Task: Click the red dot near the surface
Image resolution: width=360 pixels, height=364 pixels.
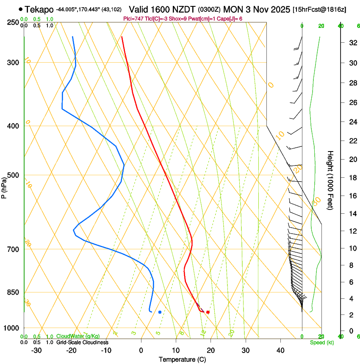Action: click(208, 312)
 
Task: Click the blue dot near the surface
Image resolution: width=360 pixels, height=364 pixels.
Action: click(160, 312)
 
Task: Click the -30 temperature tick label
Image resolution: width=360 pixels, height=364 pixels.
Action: click(36, 350)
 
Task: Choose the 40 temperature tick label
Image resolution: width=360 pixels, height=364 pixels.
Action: click(280, 350)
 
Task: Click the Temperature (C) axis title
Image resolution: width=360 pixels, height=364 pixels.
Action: click(182, 359)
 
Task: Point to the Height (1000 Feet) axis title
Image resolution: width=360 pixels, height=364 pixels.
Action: click(330, 180)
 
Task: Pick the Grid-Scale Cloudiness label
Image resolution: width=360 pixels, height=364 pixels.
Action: click(82, 342)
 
